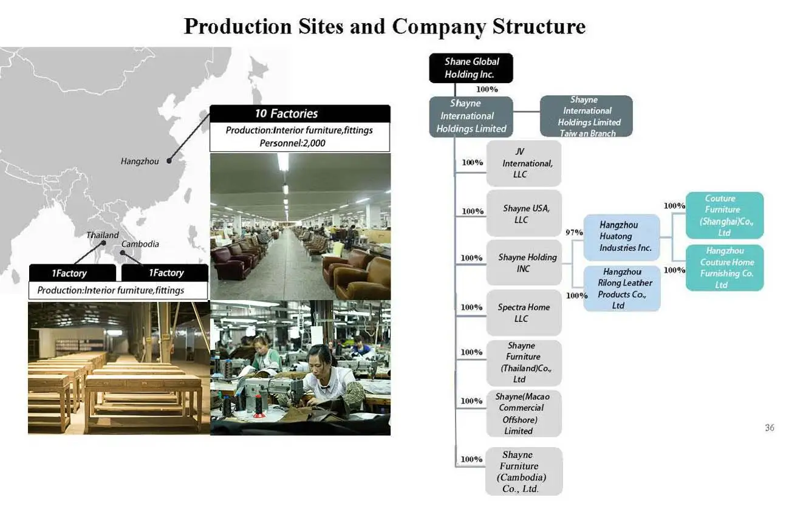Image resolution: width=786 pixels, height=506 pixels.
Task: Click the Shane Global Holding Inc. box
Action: [x=471, y=68]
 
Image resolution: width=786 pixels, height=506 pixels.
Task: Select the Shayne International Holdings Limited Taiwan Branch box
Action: [x=586, y=116]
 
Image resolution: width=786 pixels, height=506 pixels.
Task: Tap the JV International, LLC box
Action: [x=524, y=163]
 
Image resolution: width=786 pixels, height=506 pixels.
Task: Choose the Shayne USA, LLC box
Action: [x=524, y=213]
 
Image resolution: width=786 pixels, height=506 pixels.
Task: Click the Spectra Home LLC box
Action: [x=524, y=313]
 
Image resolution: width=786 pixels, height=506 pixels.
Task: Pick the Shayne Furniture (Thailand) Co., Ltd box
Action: [x=524, y=363]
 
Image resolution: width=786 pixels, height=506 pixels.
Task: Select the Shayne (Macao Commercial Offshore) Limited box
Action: [x=524, y=414]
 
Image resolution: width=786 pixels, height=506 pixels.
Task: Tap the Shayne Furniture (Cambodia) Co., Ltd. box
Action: [x=524, y=471]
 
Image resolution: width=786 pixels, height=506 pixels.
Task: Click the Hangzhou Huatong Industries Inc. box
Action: [x=621, y=237]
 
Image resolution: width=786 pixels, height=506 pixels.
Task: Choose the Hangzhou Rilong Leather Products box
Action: [x=621, y=289]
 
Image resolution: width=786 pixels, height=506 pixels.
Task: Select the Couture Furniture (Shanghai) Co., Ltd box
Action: [x=724, y=216]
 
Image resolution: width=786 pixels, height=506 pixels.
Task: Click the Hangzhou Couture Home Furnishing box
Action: [x=724, y=268]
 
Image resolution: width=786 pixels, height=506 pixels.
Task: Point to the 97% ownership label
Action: [x=574, y=233]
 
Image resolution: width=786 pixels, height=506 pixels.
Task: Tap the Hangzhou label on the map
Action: [x=140, y=162]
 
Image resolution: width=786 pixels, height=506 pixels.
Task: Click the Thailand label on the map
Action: [x=102, y=235]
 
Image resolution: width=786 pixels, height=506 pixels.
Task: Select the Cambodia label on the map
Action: [x=140, y=244]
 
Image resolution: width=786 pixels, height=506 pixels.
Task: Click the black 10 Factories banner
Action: [x=299, y=114]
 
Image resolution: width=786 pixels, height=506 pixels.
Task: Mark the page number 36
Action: [x=769, y=428]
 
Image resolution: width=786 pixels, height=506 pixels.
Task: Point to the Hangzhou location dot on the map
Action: [x=169, y=162]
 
